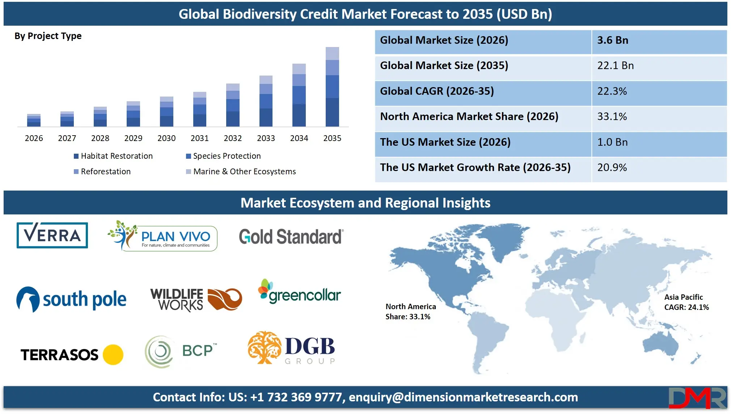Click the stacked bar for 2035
click(x=332, y=87)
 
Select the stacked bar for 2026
click(x=34, y=120)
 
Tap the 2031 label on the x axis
click(x=199, y=138)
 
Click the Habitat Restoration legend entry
click(x=113, y=156)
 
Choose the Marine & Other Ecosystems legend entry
click(x=241, y=172)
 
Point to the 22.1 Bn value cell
click(x=659, y=66)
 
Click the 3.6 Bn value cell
click(x=659, y=40)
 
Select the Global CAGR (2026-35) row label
click(x=437, y=91)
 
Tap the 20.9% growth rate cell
click(x=659, y=168)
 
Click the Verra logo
click(x=52, y=235)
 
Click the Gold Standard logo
click(x=291, y=237)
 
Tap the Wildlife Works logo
click(x=196, y=299)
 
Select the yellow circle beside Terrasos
click(x=113, y=354)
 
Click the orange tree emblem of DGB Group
click(x=264, y=347)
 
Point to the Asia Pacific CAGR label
click(x=686, y=302)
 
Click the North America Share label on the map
click(x=410, y=312)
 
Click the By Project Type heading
click(x=48, y=36)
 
